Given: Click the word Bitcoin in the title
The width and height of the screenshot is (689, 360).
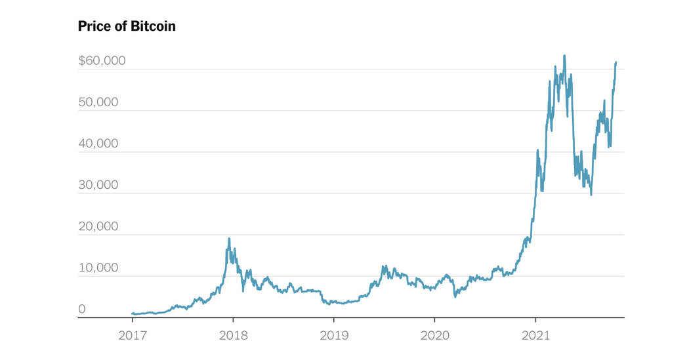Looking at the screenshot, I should click(153, 27).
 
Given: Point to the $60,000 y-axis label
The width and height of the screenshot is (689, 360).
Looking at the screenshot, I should click(102, 61).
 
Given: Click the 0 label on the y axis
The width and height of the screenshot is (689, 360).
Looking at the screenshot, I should click(82, 309).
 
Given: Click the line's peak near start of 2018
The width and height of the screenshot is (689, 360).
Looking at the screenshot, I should click(229, 239).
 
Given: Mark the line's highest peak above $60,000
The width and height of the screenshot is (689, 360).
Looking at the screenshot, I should click(565, 56).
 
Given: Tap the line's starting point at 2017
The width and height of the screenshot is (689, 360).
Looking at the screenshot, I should click(132, 313).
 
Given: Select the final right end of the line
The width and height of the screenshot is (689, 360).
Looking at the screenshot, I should click(616, 62).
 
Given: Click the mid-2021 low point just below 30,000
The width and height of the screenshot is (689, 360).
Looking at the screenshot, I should click(591, 194).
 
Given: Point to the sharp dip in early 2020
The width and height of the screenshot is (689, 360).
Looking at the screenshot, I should click(455, 296).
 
